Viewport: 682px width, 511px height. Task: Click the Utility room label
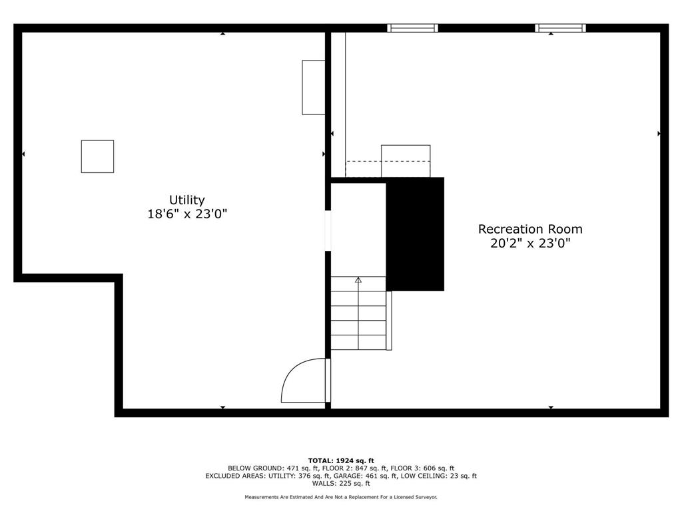tap(186, 200)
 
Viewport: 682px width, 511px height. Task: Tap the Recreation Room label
tap(530, 229)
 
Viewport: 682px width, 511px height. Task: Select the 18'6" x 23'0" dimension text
tap(186, 214)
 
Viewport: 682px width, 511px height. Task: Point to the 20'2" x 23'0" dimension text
tap(530, 244)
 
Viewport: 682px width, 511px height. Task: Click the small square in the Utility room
tap(97, 156)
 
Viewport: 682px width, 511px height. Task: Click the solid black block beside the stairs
tap(415, 234)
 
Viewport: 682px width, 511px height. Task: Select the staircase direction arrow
tap(358, 281)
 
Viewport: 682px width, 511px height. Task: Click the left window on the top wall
tap(412, 28)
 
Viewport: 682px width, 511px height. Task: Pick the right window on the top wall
tap(560, 28)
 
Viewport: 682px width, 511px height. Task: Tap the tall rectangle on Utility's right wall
tap(314, 87)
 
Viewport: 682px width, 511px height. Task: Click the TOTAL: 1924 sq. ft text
tap(341, 460)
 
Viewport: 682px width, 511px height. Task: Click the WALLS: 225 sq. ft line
tap(341, 484)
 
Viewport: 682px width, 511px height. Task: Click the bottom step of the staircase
tap(358, 343)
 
